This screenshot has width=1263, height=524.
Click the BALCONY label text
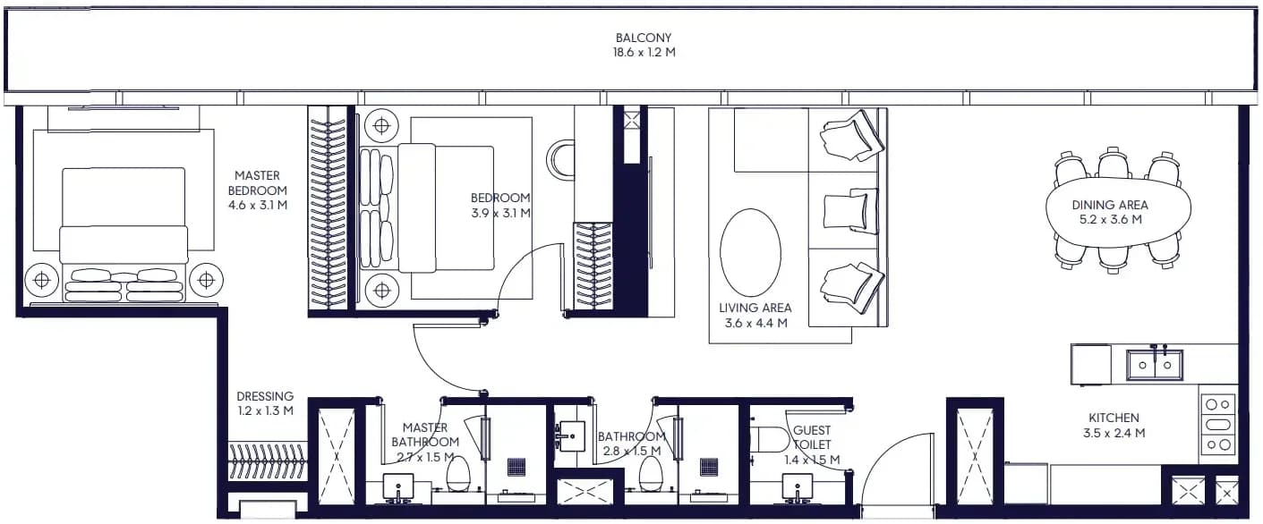click(x=644, y=38)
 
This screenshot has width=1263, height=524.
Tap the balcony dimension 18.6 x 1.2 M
click(x=644, y=53)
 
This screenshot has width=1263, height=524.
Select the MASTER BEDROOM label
click(x=258, y=183)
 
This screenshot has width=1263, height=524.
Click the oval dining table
click(x=1118, y=213)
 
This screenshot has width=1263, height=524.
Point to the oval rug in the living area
click(x=750, y=252)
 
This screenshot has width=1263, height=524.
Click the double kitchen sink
click(x=1155, y=365)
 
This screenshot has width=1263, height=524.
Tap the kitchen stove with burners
click(x=1218, y=425)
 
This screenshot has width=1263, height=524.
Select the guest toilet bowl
click(x=770, y=440)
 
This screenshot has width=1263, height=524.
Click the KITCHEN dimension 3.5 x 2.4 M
click(x=1114, y=434)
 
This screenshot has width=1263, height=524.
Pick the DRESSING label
click(x=265, y=396)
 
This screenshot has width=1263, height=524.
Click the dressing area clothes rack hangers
click(x=268, y=461)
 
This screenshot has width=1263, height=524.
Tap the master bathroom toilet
click(x=457, y=474)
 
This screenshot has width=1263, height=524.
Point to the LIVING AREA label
click(x=755, y=308)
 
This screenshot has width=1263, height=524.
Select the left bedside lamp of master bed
click(x=42, y=280)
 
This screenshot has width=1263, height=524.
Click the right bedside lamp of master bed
click(x=207, y=280)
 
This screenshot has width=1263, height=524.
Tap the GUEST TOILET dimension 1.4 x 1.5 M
click(x=812, y=460)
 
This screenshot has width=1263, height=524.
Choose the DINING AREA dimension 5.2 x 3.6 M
click(x=1110, y=220)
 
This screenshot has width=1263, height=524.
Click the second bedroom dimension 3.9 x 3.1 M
click(x=500, y=213)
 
